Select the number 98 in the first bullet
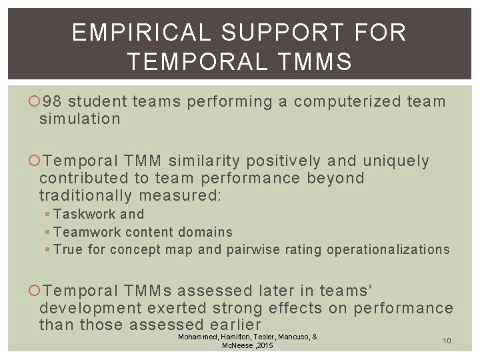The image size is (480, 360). [52, 102]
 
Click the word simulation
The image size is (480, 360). [80, 119]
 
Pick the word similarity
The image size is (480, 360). [205, 161]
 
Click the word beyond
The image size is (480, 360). [336, 179]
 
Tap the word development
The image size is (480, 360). [91, 308]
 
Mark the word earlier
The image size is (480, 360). [236, 325]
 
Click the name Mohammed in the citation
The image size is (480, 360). [197, 337]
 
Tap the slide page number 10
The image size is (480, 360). [447, 341]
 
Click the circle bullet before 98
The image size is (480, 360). [35, 102]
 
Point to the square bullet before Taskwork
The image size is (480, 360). [47, 215]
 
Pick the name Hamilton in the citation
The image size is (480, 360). [232, 337]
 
